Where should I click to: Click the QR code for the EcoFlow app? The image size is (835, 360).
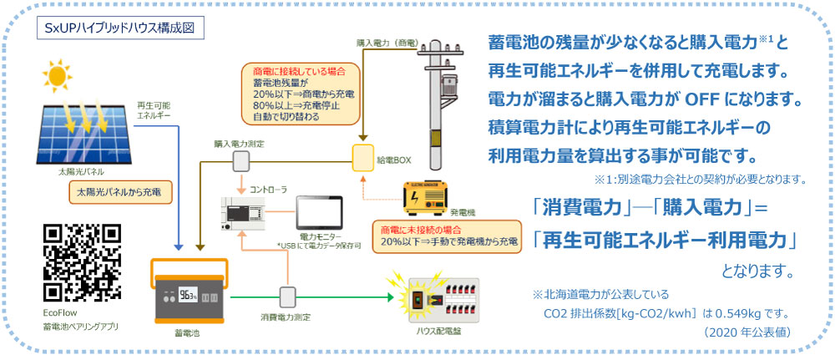(x=82, y=261)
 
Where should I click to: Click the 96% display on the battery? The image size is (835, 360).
(x=187, y=296)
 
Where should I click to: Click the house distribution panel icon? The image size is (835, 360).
(x=442, y=297)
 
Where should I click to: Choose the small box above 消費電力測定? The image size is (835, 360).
(x=288, y=297)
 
